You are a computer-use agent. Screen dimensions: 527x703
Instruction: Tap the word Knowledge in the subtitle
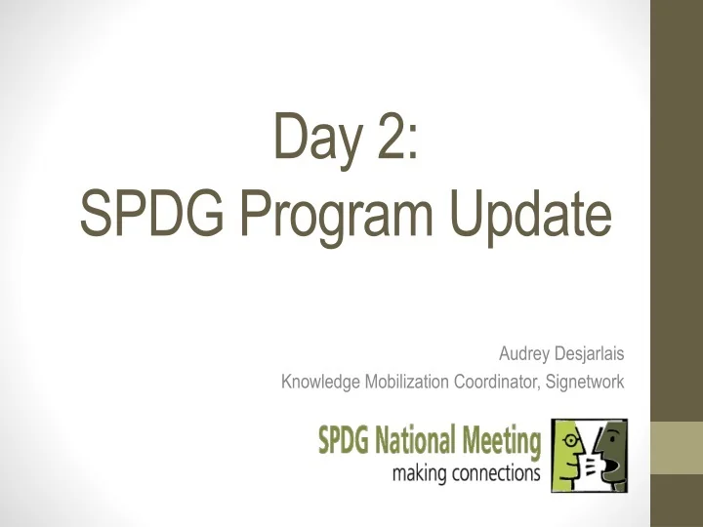(320, 383)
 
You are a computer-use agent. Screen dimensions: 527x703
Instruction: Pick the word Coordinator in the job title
(492, 382)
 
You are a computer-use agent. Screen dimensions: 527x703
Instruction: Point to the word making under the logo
(420, 475)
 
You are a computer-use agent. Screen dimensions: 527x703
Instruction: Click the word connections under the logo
(495, 475)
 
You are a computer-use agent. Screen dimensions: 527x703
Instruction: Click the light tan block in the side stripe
(677, 448)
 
